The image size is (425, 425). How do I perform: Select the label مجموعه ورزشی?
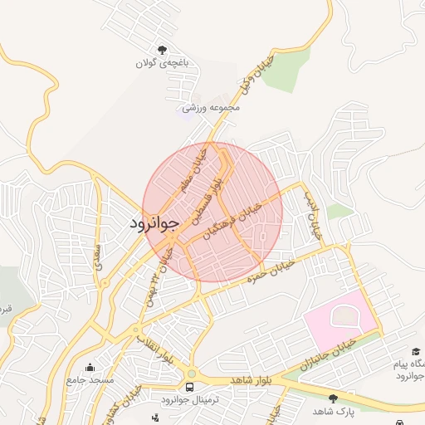(212, 107)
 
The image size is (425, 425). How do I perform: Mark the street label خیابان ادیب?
(313, 215)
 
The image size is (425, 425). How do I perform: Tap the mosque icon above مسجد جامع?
(90, 366)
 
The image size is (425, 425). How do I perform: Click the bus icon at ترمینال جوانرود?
(190, 388)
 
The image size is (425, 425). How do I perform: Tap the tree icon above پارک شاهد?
(334, 398)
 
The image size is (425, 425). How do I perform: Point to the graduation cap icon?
(416, 353)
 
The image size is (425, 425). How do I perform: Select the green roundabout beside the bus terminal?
(193, 374)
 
